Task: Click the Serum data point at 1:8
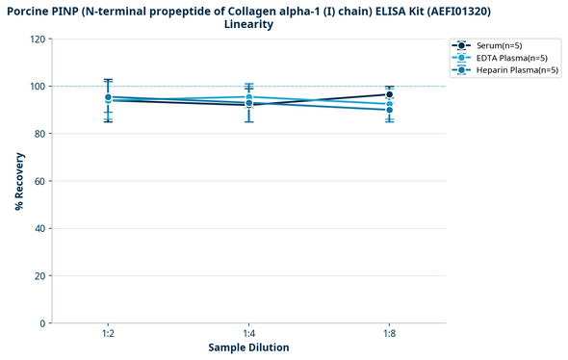(x=389, y=95)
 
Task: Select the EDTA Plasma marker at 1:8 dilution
(x=389, y=104)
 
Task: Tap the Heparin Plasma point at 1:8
(x=389, y=110)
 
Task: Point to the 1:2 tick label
(x=108, y=333)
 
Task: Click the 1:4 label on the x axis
(x=248, y=333)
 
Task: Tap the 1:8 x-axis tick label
(x=389, y=333)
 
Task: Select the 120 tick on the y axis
(x=38, y=39)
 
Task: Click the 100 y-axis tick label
(x=38, y=87)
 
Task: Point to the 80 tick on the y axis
(x=39, y=134)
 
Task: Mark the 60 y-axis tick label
(x=39, y=181)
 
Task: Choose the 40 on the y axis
(x=39, y=228)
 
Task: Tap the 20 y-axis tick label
(x=39, y=275)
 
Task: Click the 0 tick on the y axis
(x=42, y=323)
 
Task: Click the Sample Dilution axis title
(x=248, y=347)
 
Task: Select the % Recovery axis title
(x=18, y=181)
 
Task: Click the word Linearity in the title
(x=248, y=24)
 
